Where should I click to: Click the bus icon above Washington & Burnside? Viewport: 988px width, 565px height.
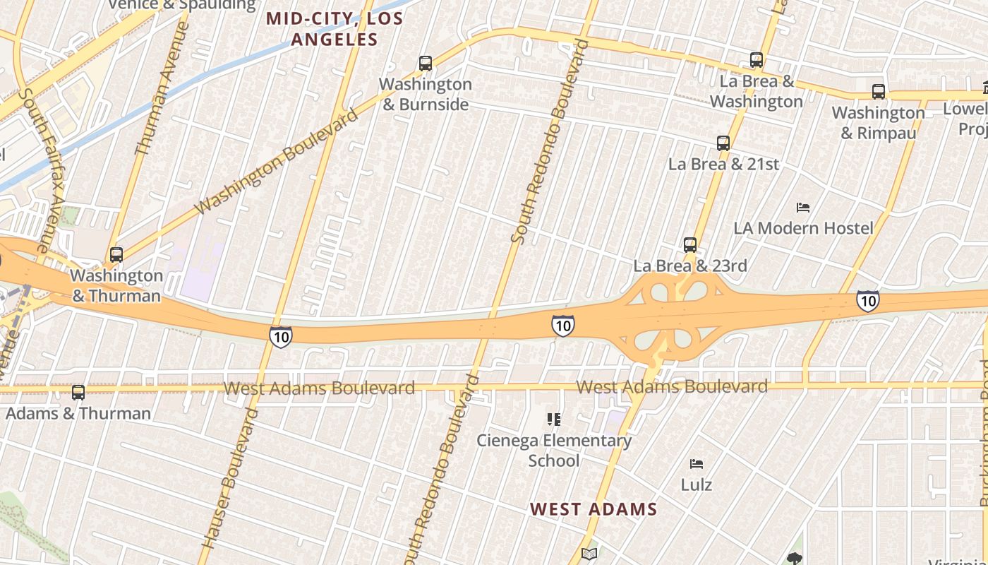(x=426, y=64)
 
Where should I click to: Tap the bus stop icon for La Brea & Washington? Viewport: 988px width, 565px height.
(x=757, y=61)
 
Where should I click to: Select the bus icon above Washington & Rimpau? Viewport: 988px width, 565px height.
(x=879, y=92)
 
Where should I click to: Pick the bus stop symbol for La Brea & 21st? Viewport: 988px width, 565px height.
(x=723, y=143)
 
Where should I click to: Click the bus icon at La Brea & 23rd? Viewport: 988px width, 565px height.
(x=690, y=245)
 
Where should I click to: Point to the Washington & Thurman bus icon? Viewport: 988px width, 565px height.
(x=116, y=255)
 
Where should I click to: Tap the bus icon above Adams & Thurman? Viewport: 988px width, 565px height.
(x=78, y=393)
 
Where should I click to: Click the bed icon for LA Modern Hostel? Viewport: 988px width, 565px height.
(x=802, y=208)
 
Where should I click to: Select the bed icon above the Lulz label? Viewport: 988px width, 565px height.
(x=697, y=464)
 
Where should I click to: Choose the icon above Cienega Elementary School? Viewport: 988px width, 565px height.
(x=554, y=420)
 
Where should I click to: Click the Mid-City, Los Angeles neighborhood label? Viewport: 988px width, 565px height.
(x=335, y=30)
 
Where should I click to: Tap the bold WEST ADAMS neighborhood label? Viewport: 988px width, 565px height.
(x=594, y=509)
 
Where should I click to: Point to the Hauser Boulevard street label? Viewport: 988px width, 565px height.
(x=230, y=478)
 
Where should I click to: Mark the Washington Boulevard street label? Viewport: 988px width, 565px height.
(x=277, y=162)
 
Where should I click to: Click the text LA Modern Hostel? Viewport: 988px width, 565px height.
(x=803, y=228)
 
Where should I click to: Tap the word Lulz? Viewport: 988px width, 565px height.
(x=697, y=485)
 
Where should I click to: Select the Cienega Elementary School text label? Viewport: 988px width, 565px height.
(x=554, y=451)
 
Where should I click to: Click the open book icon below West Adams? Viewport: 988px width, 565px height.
(x=589, y=554)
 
